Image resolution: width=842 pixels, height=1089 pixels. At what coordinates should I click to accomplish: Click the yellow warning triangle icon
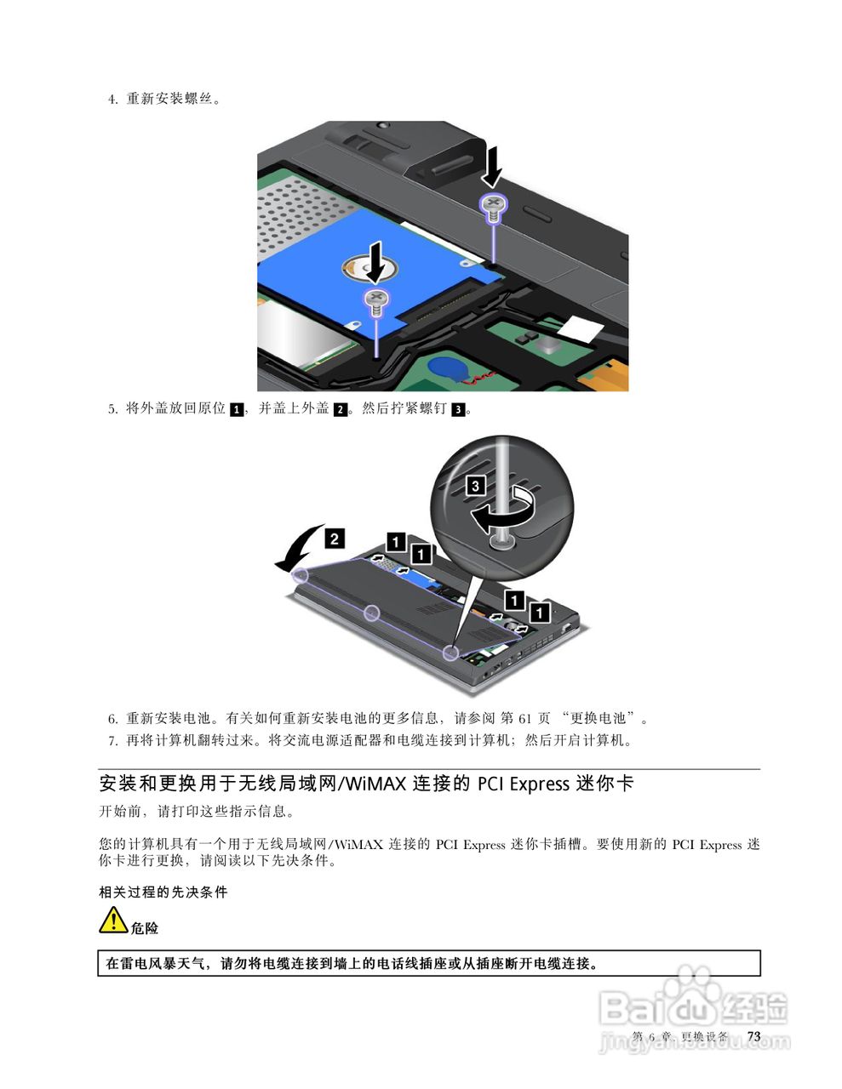click(x=113, y=921)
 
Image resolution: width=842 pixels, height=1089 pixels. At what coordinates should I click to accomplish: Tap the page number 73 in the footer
click(x=753, y=1036)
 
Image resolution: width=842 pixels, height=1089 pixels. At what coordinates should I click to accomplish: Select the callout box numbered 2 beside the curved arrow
click(x=335, y=538)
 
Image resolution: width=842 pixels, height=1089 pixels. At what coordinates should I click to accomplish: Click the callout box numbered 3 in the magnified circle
click(x=476, y=486)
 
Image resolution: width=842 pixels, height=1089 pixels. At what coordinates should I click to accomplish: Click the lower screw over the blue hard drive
click(x=375, y=299)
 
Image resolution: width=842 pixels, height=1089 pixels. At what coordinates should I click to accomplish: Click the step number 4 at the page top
click(x=112, y=100)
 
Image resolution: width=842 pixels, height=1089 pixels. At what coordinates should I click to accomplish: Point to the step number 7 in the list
click(x=112, y=741)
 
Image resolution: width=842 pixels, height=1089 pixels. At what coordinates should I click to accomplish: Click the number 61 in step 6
click(x=525, y=718)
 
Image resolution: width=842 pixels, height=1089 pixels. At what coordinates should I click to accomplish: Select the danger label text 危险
click(x=145, y=928)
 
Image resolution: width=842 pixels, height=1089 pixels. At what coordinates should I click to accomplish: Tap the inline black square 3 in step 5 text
click(x=458, y=409)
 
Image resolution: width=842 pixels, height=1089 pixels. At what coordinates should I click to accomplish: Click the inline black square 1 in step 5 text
click(x=237, y=409)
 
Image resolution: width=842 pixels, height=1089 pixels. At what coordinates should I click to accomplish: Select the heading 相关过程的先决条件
click(x=163, y=892)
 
